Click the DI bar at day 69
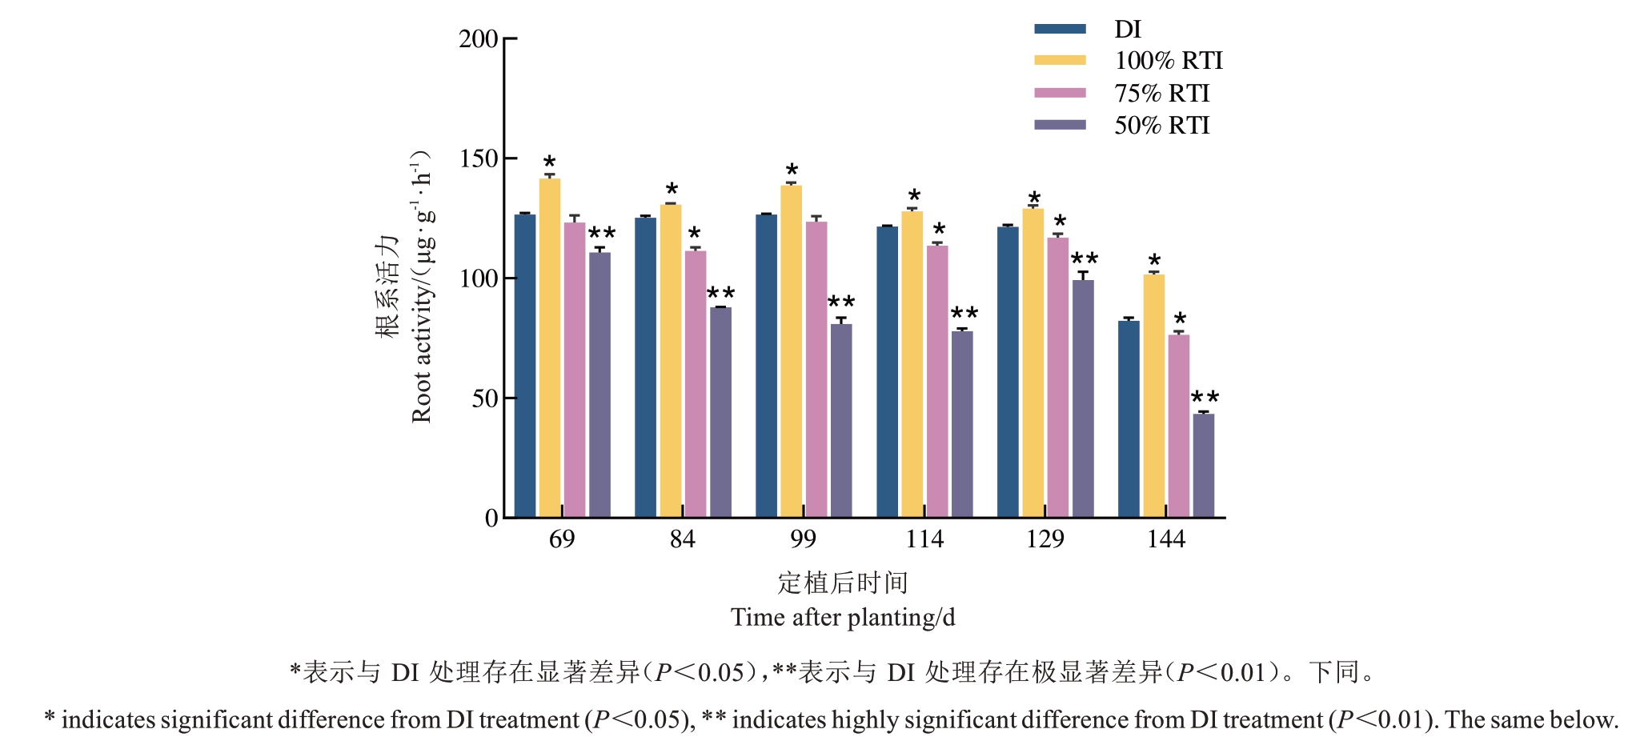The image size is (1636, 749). (525, 366)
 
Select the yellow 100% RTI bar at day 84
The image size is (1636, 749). (671, 360)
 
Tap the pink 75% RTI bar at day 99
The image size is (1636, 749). (816, 369)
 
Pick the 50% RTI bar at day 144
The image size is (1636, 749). (1203, 465)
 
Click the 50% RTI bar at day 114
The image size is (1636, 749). (962, 424)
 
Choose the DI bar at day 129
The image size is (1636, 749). (1008, 372)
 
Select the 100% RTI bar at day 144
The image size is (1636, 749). (1153, 396)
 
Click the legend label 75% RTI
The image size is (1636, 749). (1161, 94)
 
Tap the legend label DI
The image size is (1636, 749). (1127, 30)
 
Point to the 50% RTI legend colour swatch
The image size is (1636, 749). (1060, 125)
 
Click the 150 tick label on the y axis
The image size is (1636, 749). (479, 158)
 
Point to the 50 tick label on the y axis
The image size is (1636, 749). (485, 398)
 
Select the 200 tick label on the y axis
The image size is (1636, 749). (479, 38)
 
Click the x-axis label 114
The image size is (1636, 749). (924, 539)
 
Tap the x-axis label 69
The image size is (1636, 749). (562, 539)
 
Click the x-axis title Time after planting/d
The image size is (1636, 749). (842, 618)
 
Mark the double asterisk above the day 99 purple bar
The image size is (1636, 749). (841, 302)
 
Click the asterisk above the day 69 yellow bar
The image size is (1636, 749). (549, 162)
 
